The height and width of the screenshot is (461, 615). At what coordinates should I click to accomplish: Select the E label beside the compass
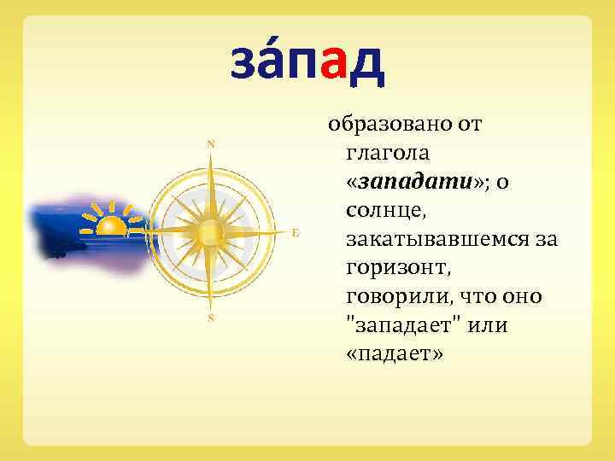(x=295, y=232)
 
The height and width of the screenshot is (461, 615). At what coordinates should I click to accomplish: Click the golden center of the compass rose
(x=210, y=231)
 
